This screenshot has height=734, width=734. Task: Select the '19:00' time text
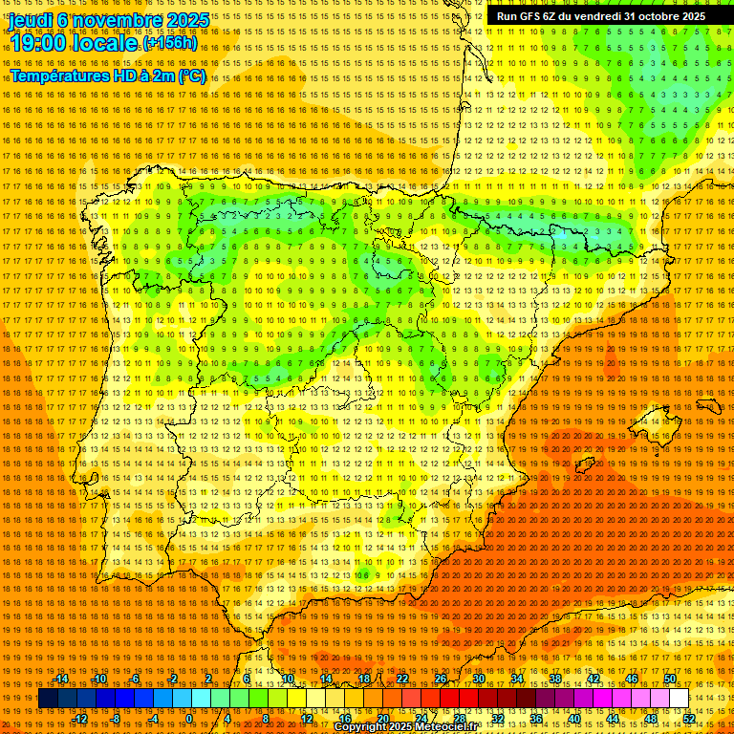[x=38, y=44]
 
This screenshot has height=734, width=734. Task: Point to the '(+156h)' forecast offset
[x=170, y=44]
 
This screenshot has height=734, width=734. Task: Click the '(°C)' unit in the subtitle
[x=191, y=76]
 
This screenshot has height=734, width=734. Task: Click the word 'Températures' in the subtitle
[x=58, y=76]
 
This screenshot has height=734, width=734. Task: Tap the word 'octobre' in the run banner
[x=659, y=16]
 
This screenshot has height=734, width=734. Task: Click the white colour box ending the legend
[x=679, y=699]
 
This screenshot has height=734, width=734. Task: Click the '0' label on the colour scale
[x=190, y=719]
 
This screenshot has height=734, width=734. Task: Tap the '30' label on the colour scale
[x=478, y=680]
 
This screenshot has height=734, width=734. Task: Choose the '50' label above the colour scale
[x=669, y=680]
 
